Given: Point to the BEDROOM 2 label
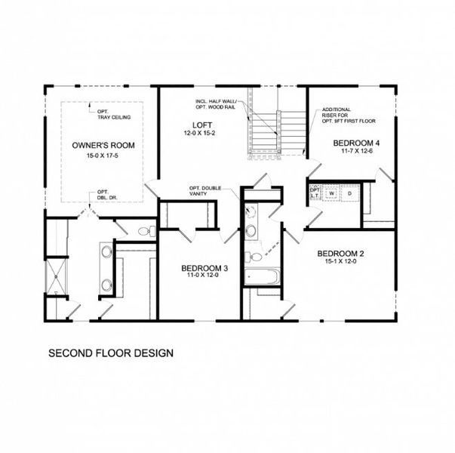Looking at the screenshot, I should [x=340, y=253].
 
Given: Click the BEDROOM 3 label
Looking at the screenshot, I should [x=204, y=268].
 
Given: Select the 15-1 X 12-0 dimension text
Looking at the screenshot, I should [x=340, y=263].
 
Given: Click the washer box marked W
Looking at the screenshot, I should [x=331, y=194].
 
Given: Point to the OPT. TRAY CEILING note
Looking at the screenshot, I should [x=110, y=112].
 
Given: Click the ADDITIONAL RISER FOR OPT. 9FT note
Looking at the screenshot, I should [x=348, y=115].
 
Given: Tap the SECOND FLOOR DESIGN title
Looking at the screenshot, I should [x=111, y=353].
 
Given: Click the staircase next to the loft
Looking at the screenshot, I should [x=278, y=132].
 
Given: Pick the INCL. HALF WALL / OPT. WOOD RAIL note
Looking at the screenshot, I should [x=219, y=104].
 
